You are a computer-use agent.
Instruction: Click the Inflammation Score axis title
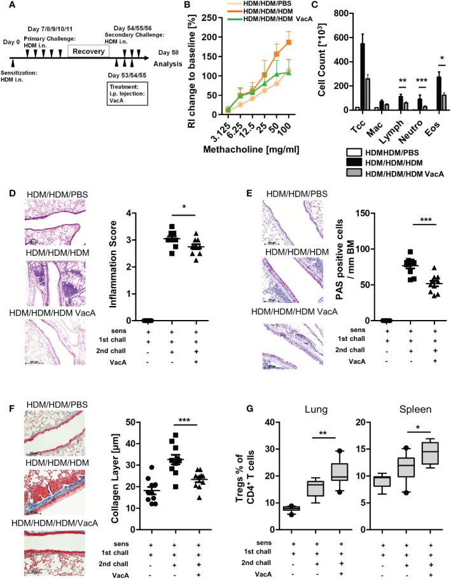tap(130, 267)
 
